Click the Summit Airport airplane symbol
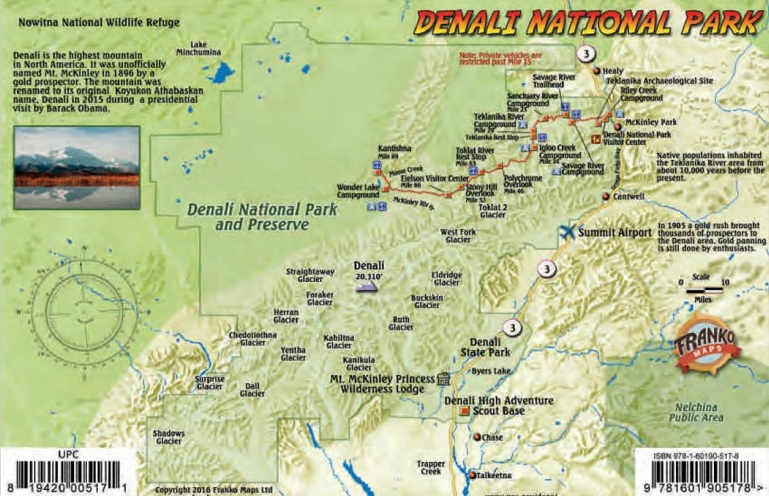coord(567,231)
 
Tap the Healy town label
coord(612,71)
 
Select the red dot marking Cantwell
coord(606,196)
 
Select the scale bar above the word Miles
coord(704,291)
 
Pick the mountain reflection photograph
coord(77,167)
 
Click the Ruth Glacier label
coord(401,323)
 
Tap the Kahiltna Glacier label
coord(339,341)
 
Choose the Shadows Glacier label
coord(168,437)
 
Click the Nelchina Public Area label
coord(696,412)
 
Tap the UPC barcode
coord(67,474)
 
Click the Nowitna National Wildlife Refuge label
coord(99,22)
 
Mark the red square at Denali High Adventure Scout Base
coord(465,412)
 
